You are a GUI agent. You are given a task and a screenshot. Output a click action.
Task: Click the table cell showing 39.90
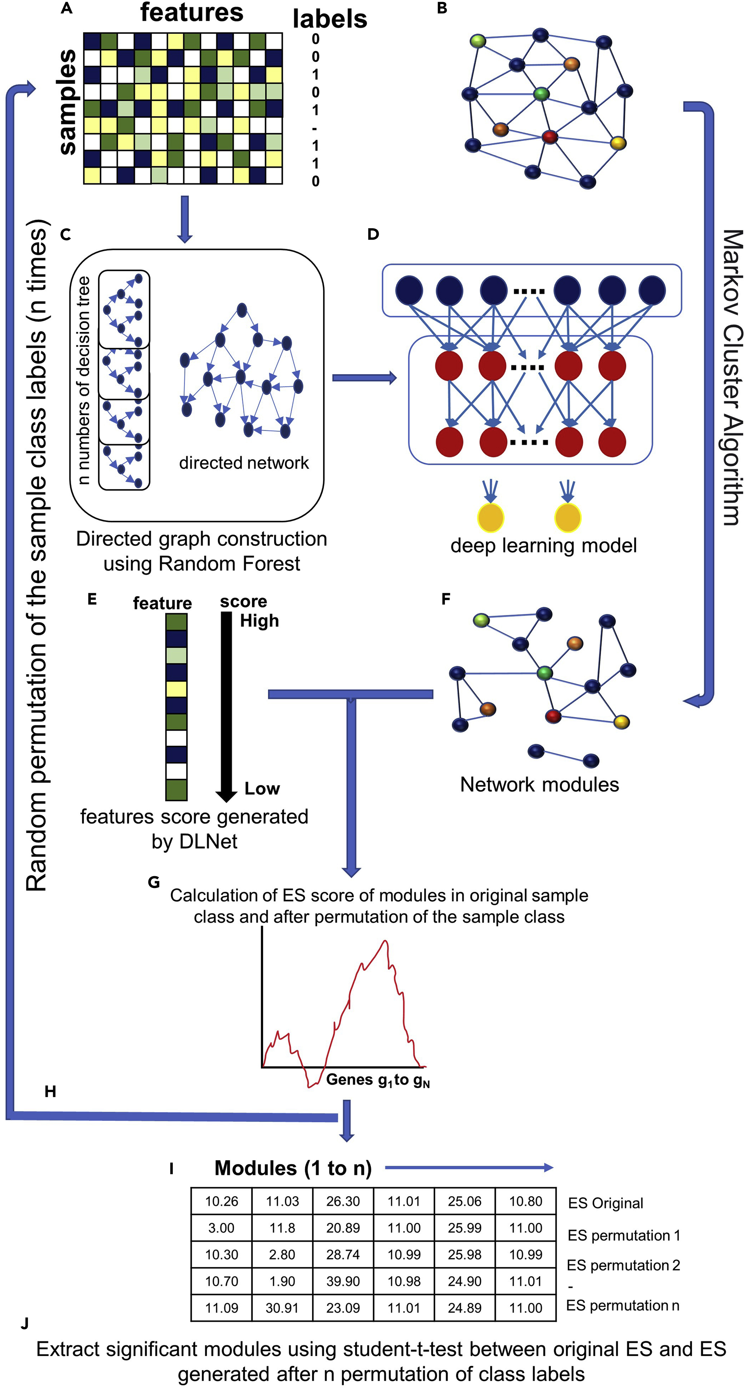click(x=343, y=1281)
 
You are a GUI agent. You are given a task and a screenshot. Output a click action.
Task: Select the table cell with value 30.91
click(x=282, y=1308)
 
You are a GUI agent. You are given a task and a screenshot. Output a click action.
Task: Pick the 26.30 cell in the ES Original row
click(x=343, y=1201)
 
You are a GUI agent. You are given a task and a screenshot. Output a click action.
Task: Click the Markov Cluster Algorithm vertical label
click(x=732, y=378)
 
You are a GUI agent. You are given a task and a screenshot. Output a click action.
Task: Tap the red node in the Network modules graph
click(x=553, y=716)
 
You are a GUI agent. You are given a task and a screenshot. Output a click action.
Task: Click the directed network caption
click(x=244, y=463)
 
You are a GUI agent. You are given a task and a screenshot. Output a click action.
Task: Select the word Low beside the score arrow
click(x=262, y=788)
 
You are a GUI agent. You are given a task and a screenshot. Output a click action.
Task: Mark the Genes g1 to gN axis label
click(x=377, y=1080)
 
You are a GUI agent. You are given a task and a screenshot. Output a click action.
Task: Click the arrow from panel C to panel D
click(x=364, y=378)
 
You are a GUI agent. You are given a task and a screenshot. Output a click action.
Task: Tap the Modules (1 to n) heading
click(x=293, y=1168)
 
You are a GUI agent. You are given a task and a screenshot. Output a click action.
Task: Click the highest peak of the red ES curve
click(x=384, y=942)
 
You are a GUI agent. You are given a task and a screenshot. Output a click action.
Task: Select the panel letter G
click(x=153, y=882)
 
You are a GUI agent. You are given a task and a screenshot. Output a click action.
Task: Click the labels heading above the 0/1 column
click(x=329, y=19)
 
